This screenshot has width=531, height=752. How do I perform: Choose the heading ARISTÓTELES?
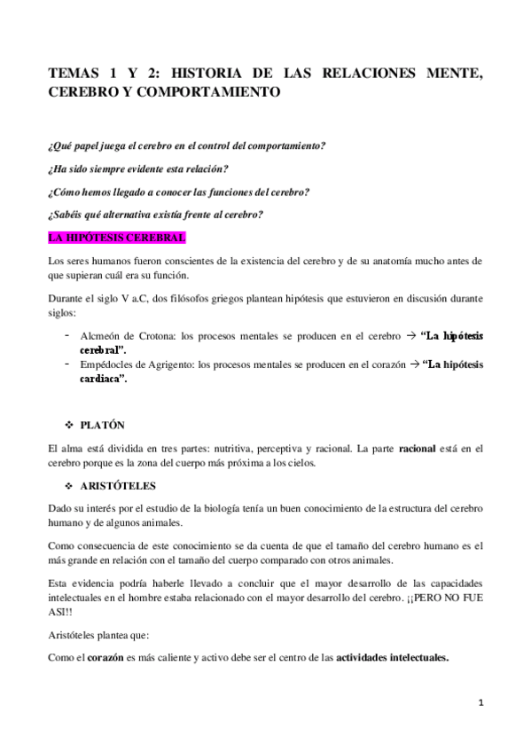(x=124, y=486)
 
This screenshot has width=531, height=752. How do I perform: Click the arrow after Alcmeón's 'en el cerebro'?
(x=410, y=336)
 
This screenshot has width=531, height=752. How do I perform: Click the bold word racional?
(x=417, y=450)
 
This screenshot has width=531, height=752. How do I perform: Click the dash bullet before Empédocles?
(x=68, y=364)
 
